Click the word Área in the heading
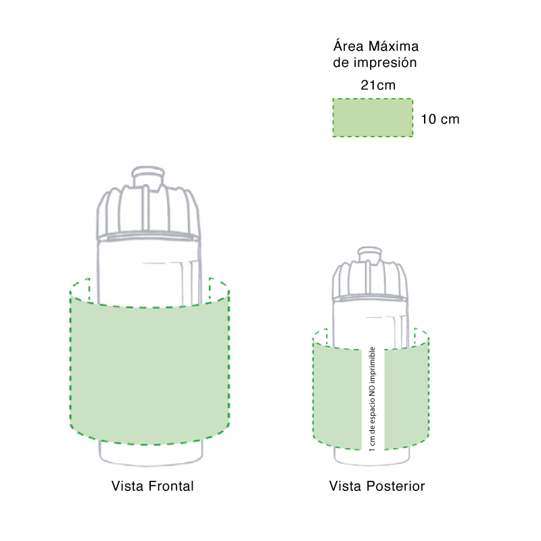click(348, 45)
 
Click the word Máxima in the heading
click(394, 46)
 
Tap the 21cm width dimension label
click(378, 85)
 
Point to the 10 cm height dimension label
click(440, 120)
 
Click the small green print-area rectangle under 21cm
click(373, 118)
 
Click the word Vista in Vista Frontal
click(127, 486)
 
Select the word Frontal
click(171, 486)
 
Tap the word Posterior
click(396, 486)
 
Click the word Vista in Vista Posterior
click(346, 486)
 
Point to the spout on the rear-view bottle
click(369, 254)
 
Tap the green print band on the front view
click(149, 369)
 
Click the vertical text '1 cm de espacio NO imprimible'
click(373, 399)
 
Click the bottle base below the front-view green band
click(151, 453)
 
